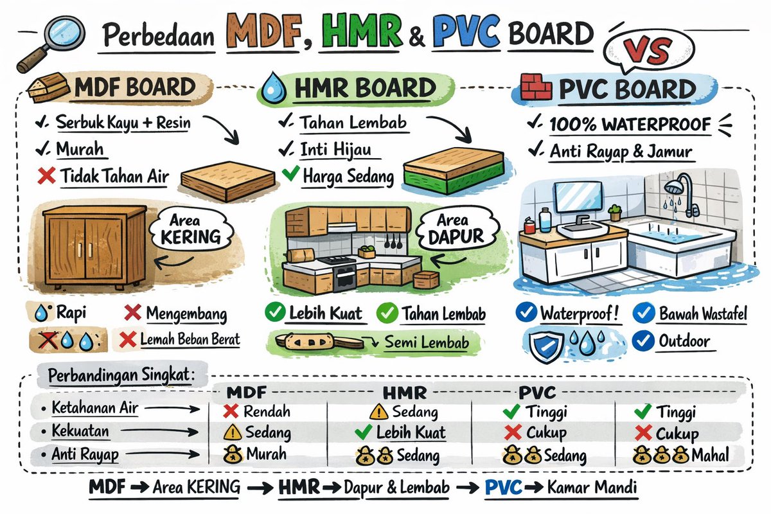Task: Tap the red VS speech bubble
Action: coord(648,51)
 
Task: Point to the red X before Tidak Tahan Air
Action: coord(46,175)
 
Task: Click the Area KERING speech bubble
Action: coord(191,229)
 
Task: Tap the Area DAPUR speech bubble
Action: coord(457,228)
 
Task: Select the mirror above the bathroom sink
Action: coord(578,197)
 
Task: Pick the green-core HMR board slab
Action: coord(454,171)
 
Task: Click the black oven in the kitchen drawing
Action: coord(344,278)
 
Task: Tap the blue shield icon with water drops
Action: coord(546,346)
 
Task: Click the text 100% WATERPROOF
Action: coord(630,124)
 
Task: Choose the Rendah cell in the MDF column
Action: coord(257,411)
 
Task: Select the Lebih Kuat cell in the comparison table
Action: coord(400,432)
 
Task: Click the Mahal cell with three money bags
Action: coord(681,455)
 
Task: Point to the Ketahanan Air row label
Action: coord(94,408)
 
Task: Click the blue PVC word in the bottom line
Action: coord(503,487)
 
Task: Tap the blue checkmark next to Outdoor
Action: coord(643,341)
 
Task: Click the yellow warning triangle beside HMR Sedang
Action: coord(379,411)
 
